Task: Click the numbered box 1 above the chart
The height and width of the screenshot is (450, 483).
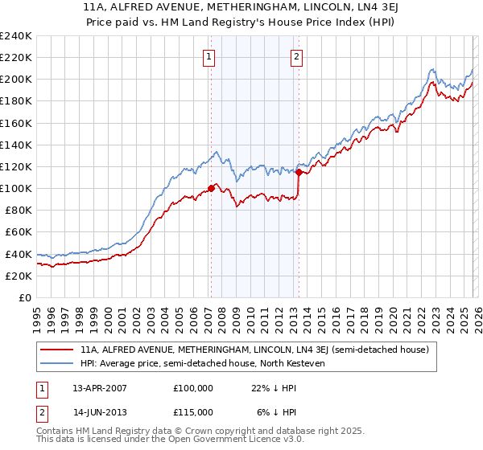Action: (x=208, y=56)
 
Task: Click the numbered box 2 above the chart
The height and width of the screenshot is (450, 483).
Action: (x=297, y=56)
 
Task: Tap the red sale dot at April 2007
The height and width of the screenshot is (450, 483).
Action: (x=211, y=189)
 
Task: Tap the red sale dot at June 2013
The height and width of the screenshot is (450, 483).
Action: (x=299, y=172)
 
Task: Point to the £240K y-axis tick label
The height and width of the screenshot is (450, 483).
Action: (x=16, y=36)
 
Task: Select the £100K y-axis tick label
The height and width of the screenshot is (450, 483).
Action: (x=16, y=188)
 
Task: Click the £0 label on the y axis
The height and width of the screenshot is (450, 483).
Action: (x=23, y=297)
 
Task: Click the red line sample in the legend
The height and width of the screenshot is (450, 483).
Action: (x=57, y=350)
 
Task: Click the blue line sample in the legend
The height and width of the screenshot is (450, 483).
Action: (x=57, y=364)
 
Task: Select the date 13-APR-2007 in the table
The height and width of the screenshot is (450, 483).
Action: (x=99, y=388)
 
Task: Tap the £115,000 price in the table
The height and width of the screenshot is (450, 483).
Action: (x=193, y=411)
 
